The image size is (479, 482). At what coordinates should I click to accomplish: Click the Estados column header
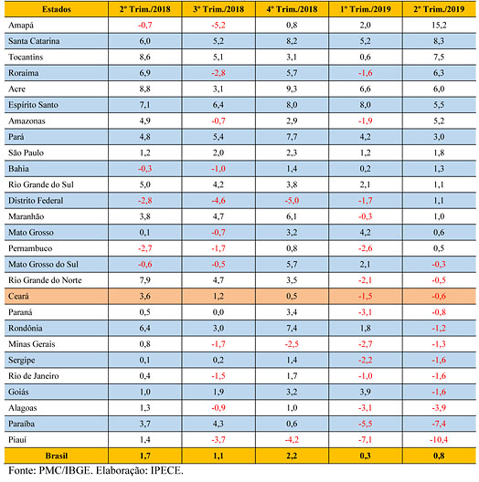click(x=57, y=9)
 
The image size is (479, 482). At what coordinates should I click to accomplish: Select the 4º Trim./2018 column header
click(x=292, y=9)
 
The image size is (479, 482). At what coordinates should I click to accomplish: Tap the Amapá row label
click(x=21, y=26)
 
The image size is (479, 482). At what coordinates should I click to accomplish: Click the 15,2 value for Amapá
click(x=439, y=25)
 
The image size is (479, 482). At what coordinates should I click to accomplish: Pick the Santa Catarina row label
click(x=34, y=41)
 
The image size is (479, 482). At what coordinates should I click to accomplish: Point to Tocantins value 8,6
click(x=144, y=57)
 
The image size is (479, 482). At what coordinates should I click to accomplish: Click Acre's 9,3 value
click(x=292, y=89)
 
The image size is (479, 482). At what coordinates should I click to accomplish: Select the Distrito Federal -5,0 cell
click(x=292, y=201)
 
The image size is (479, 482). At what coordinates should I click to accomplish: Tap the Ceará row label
click(x=18, y=296)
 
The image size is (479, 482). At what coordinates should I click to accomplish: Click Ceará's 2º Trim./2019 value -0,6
click(x=439, y=296)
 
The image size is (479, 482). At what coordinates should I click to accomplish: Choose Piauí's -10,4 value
click(x=439, y=440)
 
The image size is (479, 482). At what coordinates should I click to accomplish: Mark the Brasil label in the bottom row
click(x=57, y=456)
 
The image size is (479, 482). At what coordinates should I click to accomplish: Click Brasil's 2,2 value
click(x=292, y=456)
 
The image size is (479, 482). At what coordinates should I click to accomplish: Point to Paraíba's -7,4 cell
click(x=439, y=424)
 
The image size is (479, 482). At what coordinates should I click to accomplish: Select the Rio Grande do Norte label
click(x=45, y=280)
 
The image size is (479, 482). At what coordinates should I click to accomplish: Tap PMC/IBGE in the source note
click(x=65, y=470)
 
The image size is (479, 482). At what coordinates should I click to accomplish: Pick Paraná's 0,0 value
click(x=218, y=312)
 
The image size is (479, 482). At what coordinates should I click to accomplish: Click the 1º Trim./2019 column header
click(x=366, y=9)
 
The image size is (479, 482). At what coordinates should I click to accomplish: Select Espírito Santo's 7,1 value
click(x=144, y=105)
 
